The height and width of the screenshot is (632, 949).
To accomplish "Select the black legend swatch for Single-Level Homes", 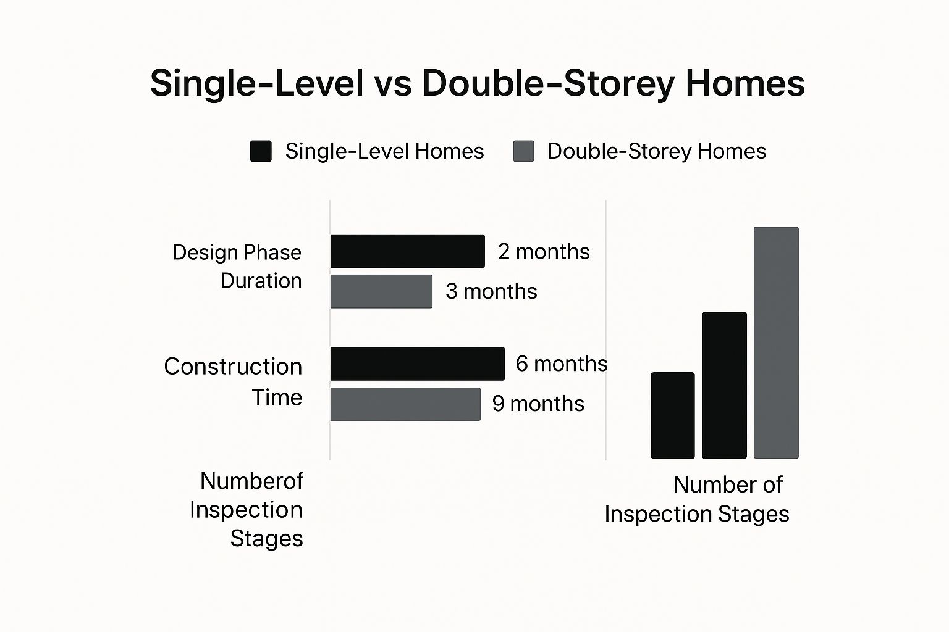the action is (261, 151).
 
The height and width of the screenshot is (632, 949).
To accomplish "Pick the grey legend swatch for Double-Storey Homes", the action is (524, 151).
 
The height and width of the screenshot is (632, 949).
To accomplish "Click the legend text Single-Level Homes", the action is (384, 151).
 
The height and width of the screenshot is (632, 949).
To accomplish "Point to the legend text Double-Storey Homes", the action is (657, 151).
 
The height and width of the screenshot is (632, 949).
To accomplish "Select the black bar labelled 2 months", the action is (408, 251).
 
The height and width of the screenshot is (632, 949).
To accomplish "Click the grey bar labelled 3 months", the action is (381, 291).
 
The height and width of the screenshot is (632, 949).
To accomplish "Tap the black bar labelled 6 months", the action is (417, 364).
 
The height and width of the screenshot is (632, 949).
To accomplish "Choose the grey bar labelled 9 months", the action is (405, 404).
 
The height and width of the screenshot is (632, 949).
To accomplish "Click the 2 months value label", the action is (544, 251).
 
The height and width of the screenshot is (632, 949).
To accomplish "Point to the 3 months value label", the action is (491, 291).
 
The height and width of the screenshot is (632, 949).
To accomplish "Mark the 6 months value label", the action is (562, 364).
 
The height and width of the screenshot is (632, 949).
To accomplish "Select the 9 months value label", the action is (538, 404).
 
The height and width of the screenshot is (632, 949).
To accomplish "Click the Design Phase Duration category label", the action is (237, 267).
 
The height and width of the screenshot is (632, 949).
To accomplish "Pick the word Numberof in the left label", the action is (251, 481).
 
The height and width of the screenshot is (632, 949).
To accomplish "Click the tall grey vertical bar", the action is (776, 343).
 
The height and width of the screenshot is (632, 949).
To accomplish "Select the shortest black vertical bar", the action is (673, 415).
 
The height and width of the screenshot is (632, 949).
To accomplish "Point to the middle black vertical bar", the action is (725, 385).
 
